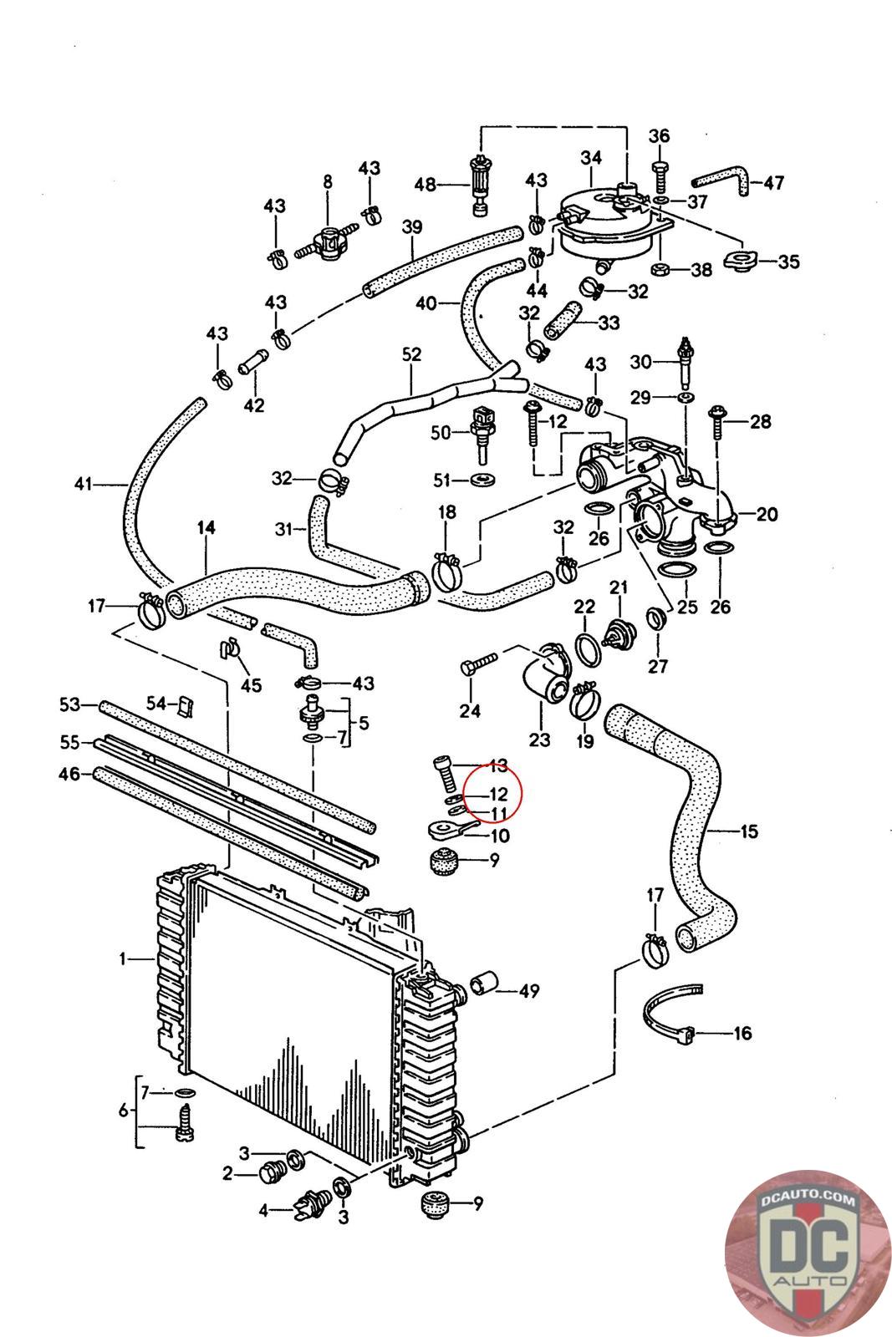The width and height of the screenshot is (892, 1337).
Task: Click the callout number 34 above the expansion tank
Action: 591,156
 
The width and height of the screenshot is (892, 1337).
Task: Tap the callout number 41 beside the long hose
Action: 82,484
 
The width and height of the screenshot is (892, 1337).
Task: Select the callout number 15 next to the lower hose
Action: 748,831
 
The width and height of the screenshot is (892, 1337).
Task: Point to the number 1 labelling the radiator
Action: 123,959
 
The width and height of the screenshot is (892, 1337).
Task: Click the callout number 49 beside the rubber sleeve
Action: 528,991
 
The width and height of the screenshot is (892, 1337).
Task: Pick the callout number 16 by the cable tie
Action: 742,1033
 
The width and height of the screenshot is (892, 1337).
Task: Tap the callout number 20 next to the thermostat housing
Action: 767,514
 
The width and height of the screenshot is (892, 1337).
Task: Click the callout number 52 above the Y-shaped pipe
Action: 411,354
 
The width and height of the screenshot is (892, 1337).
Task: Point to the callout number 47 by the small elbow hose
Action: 774,182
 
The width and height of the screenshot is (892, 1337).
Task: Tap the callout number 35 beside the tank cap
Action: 788,262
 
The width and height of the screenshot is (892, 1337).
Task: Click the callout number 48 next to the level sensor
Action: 426,184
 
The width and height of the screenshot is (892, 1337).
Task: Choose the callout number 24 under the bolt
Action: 470,710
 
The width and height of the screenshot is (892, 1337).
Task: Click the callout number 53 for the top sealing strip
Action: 69,705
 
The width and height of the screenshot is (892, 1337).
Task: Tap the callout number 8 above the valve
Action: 327,181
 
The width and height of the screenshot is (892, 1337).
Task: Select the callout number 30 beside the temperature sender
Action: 640,361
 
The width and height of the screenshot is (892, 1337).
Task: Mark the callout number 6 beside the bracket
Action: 123,1111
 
